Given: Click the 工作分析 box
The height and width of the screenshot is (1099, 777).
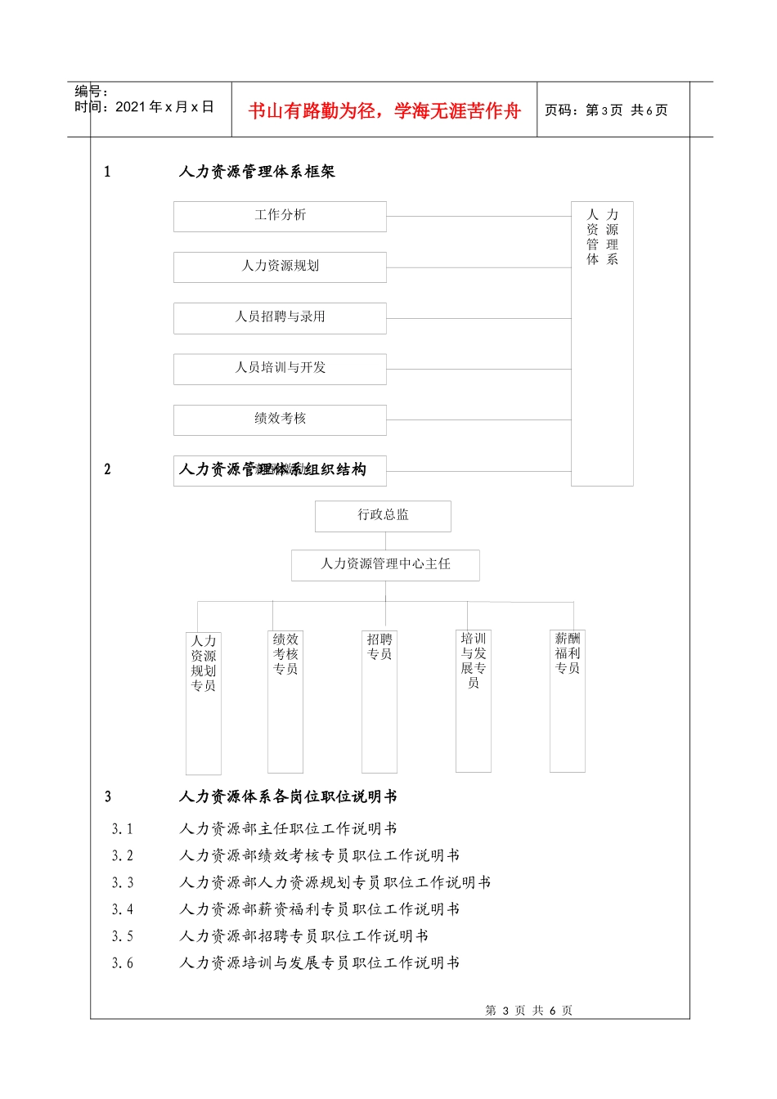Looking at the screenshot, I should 280,216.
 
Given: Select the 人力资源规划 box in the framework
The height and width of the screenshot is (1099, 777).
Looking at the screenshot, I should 280,267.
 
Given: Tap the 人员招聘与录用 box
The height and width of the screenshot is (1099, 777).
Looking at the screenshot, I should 280,317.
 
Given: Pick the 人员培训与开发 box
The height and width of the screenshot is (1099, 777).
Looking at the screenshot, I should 280,368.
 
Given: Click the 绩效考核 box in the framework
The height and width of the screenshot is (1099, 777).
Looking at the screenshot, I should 280,419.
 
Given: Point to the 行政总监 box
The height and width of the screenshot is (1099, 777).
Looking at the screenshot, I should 383,515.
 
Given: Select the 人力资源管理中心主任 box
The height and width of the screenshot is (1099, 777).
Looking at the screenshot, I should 385,564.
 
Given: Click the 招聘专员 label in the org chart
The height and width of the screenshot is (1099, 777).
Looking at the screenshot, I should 380,647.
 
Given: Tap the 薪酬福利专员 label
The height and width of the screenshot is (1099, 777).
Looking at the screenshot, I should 568,653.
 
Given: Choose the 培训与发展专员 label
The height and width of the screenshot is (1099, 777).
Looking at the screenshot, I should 474,661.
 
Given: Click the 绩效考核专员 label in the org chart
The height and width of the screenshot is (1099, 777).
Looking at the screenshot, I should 285,654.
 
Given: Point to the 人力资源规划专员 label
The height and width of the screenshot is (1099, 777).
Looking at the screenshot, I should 204,663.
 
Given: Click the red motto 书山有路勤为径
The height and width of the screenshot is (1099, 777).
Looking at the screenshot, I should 384,111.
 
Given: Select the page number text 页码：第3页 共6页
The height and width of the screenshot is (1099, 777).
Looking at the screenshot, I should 606,110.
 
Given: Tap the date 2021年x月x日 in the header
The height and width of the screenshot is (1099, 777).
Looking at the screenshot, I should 164,107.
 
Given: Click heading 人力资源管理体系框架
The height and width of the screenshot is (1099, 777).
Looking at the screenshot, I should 257,172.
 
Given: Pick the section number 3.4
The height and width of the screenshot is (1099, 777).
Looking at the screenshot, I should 123,909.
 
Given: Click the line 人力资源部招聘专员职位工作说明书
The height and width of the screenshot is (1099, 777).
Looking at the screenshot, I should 303,936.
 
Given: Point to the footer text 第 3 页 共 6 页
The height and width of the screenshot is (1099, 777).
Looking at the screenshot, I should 529,1011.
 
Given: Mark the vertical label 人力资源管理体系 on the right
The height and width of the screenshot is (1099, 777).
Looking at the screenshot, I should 602,237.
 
